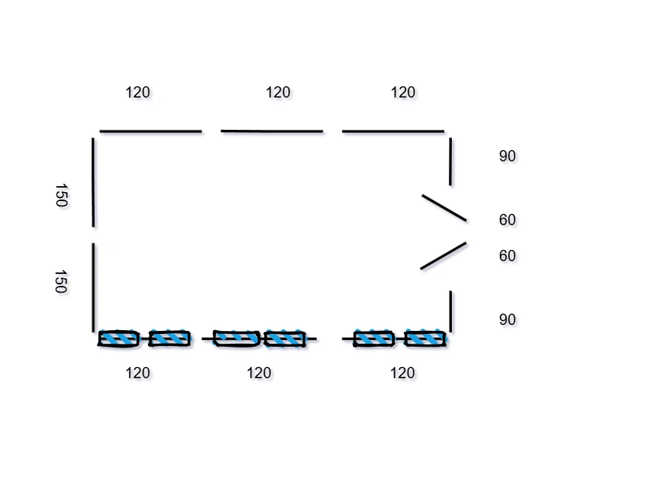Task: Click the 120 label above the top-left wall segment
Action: tap(138, 92)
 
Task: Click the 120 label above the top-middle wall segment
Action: tap(278, 92)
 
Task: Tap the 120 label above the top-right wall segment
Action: tap(403, 92)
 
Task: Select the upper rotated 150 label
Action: tap(61, 196)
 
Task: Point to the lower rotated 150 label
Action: tap(61, 281)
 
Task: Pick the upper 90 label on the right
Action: tap(507, 156)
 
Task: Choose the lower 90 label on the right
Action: tap(507, 320)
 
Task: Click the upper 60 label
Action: tap(507, 220)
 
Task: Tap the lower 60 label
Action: tap(507, 256)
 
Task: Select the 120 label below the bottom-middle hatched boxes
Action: tap(259, 373)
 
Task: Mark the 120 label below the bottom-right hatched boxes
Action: tap(403, 373)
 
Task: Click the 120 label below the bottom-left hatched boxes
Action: tap(138, 373)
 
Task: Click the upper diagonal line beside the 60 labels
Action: tap(444, 208)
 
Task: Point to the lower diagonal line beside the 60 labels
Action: tap(444, 256)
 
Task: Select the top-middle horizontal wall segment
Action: tap(272, 131)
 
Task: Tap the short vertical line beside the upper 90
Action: tap(450, 161)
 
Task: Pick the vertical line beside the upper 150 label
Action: tap(93, 182)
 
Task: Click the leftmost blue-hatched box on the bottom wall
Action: tap(119, 338)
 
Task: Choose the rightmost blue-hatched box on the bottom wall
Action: tap(426, 338)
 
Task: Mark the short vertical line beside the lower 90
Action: tap(450, 311)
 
